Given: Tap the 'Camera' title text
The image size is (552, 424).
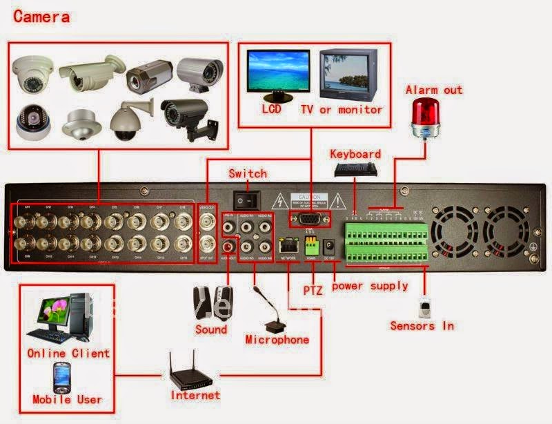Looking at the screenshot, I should tap(41, 17).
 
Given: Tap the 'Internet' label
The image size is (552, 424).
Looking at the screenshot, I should tap(195, 396).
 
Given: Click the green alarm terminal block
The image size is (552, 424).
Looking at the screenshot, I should tap(384, 235).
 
